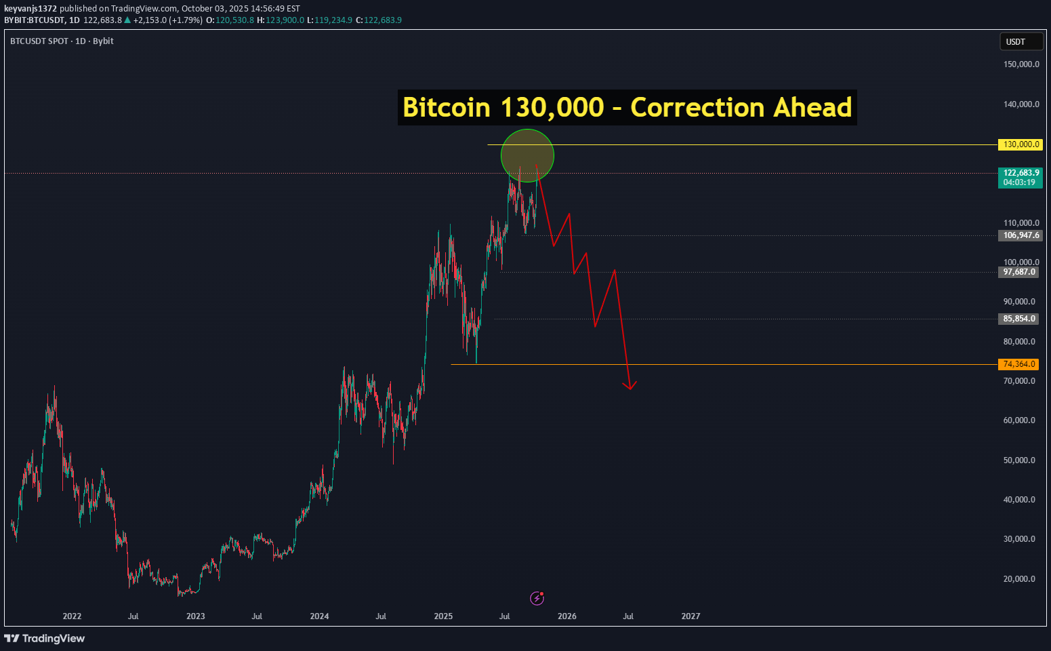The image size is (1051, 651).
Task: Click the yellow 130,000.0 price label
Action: (x=1020, y=144)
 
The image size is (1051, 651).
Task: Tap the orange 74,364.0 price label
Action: (x=1018, y=364)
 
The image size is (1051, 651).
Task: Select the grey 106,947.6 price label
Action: (x=1020, y=235)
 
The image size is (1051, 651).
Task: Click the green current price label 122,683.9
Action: (x=1020, y=177)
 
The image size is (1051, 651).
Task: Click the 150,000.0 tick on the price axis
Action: (x=1021, y=64)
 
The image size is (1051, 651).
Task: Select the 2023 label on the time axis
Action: (x=195, y=616)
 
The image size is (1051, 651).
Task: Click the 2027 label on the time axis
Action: (x=691, y=616)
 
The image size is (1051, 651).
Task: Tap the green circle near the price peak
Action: (x=527, y=155)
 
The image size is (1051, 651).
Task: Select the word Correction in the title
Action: (x=697, y=108)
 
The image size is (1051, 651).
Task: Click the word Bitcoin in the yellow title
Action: (x=446, y=108)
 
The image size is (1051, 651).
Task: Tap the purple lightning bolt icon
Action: (x=537, y=598)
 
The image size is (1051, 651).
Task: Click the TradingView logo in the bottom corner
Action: (x=45, y=638)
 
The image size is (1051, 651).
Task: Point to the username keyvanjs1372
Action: (x=30, y=9)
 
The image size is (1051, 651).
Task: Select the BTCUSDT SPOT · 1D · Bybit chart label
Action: (x=62, y=41)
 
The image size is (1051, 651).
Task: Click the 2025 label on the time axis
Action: (x=443, y=616)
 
